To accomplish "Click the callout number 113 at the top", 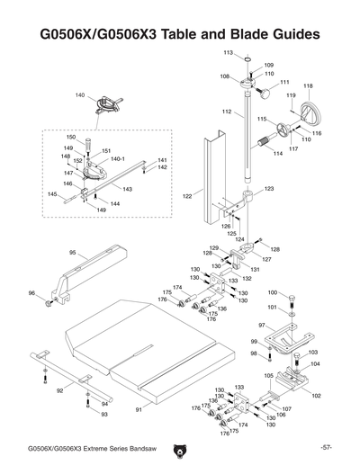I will point(228,53).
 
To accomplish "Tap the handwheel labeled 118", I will point(310,115).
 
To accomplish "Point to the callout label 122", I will point(187,194).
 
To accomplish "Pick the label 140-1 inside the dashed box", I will point(117,158).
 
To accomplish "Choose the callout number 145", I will point(52,194).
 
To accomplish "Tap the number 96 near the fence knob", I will point(32,293).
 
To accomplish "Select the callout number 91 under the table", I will point(139,410).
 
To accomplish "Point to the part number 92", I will point(59,391).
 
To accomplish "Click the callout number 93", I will point(104,415).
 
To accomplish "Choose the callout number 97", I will point(261,325).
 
